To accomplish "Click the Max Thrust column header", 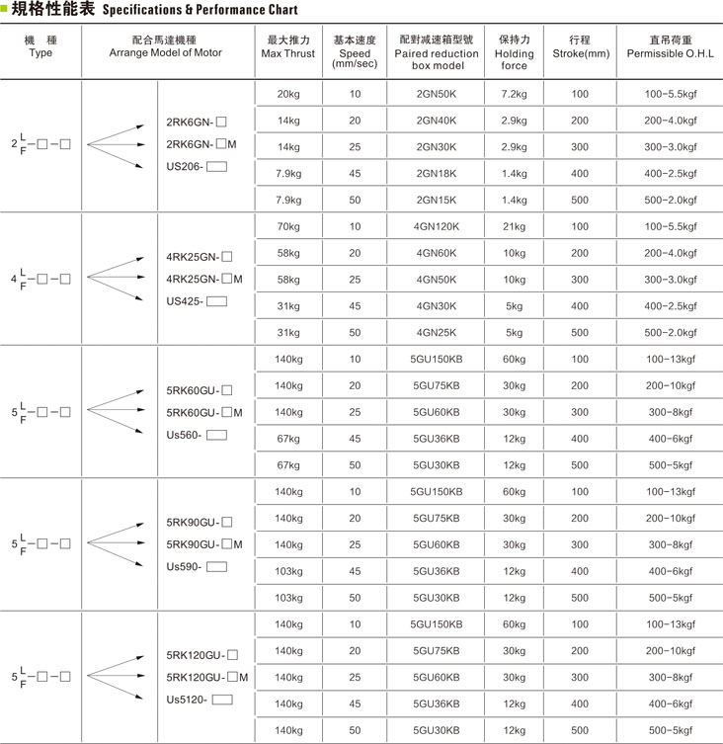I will [288, 46].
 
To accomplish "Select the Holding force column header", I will [513, 52].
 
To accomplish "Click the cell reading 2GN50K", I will [436, 94].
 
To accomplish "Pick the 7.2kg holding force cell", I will [514, 94].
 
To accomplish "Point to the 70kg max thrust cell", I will [288, 226].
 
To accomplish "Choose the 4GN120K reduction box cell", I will [436, 226].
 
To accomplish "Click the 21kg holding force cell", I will [514, 226].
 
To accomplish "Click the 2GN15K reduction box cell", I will [436, 200].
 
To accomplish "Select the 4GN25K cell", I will [436, 332].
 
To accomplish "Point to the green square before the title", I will [5, 10].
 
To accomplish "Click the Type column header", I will [40, 46].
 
